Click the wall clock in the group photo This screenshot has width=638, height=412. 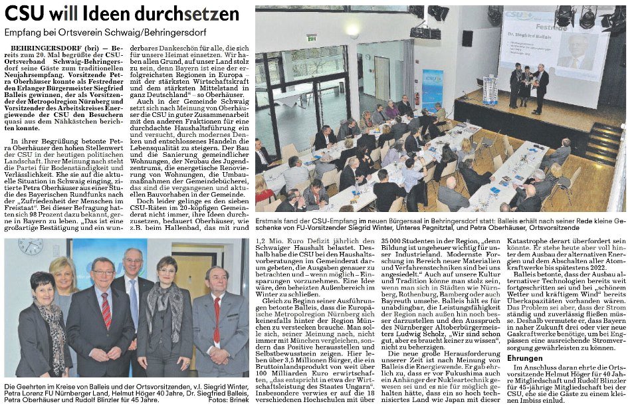(x=31, y=246)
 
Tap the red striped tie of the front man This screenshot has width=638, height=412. (x=106, y=310)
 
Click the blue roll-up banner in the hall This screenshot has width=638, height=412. (x=432, y=90)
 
